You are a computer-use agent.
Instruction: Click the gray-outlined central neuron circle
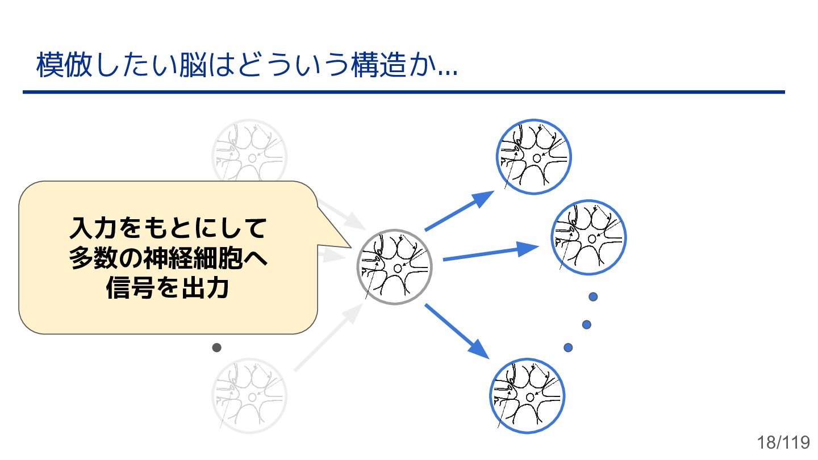pyautogui.click(x=394, y=267)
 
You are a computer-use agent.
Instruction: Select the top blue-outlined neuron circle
pyautogui.click(x=533, y=157)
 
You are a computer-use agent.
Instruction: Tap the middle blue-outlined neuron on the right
pyautogui.click(x=589, y=237)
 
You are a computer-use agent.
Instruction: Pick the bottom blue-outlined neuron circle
pyautogui.click(x=527, y=396)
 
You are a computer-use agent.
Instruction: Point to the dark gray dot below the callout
pyautogui.click(x=216, y=347)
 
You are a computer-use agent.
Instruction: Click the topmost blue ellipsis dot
pyautogui.click(x=593, y=296)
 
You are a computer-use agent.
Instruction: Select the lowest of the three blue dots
pyautogui.click(x=567, y=347)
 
